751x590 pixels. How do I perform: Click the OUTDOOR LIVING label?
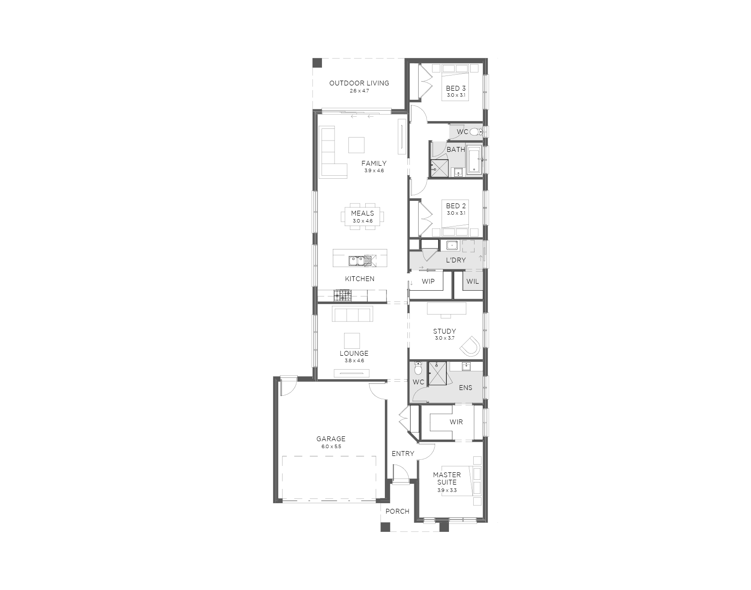(x=359, y=83)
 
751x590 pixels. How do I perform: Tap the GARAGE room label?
(x=331, y=439)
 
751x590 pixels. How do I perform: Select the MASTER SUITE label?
(x=447, y=479)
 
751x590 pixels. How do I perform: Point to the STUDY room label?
(x=444, y=331)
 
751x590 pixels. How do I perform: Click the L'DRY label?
(x=456, y=260)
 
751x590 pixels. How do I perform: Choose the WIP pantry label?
(x=428, y=282)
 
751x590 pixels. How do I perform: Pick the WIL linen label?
(x=473, y=282)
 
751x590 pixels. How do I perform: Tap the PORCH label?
(x=397, y=511)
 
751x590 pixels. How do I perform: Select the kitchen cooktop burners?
(x=342, y=296)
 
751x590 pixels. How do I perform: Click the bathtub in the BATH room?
(x=475, y=159)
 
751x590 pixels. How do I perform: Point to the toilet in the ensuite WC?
(x=418, y=368)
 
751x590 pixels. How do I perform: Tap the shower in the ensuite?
(x=437, y=373)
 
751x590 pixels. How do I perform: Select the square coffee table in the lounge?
(x=352, y=340)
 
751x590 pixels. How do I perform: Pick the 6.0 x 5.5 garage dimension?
(x=331, y=446)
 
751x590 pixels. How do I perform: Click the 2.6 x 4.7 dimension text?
(x=359, y=91)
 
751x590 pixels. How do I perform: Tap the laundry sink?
(x=452, y=246)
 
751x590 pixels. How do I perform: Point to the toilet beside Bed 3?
(x=476, y=131)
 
